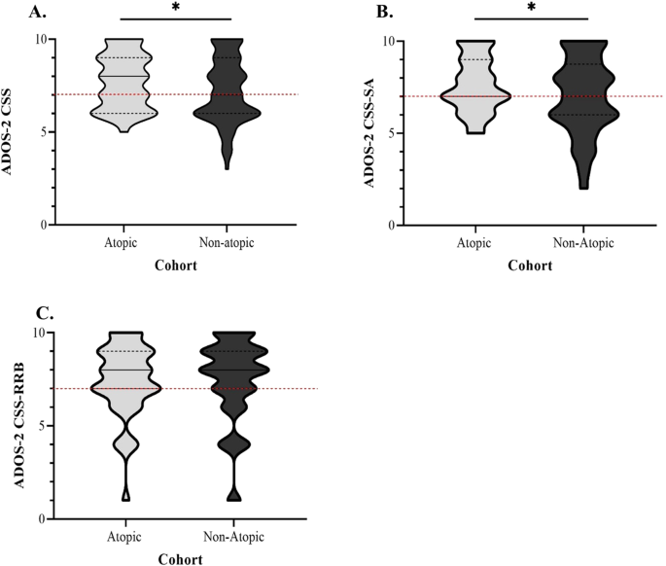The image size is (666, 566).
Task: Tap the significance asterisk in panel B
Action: tap(531, 9)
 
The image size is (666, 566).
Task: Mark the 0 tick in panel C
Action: tap(43, 519)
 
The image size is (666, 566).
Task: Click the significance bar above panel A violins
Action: tap(175, 18)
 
